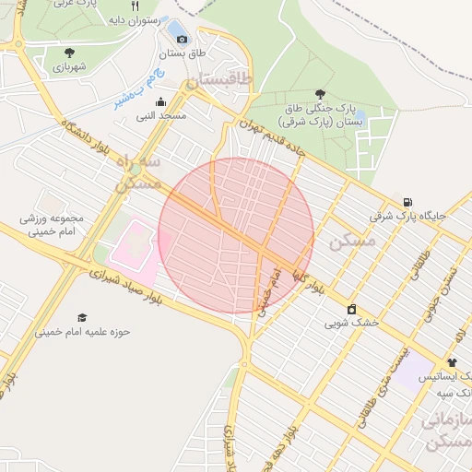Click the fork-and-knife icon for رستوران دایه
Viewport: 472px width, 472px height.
pyautogui.click(x=136, y=6)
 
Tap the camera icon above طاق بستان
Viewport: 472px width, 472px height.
pyautogui.click(x=182, y=39)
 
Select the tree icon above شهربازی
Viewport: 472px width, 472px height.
pyautogui.click(x=70, y=53)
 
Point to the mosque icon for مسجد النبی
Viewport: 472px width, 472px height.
pyautogui.click(x=161, y=102)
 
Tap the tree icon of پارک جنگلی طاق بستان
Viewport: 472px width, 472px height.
pyautogui.click(x=320, y=94)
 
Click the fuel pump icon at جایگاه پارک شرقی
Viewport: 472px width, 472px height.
pyautogui.click(x=407, y=202)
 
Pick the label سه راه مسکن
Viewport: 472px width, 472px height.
pyautogui.click(x=138, y=172)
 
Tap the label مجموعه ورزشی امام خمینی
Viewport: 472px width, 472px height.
pyautogui.click(x=53, y=226)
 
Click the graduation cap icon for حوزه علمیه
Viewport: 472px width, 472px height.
pyautogui.click(x=83, y=317)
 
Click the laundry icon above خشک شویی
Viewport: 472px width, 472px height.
pyautogui.click(x=351, y=309)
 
